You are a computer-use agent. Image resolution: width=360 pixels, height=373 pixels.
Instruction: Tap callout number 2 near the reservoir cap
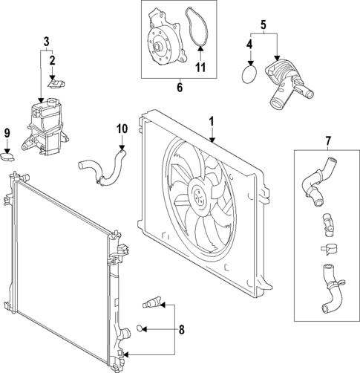[x=52, y=59]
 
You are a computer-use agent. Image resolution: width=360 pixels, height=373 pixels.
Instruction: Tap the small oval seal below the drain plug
[x=144, y=328]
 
